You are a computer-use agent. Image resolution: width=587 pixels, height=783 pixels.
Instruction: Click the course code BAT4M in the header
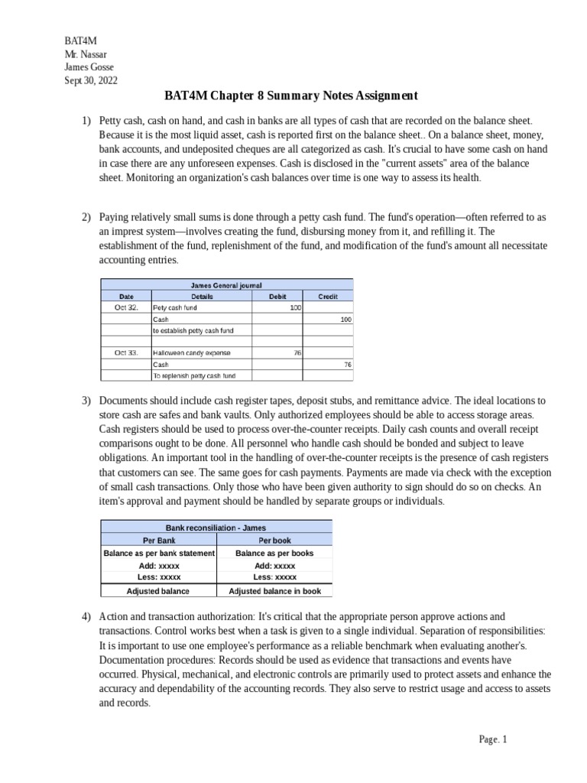(80, 41)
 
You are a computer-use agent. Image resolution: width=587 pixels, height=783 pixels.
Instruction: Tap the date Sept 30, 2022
(91, 80)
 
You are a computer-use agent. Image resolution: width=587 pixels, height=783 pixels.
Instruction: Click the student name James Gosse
(89, 67)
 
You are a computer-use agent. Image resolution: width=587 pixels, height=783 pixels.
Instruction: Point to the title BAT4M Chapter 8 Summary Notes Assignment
(291, 96)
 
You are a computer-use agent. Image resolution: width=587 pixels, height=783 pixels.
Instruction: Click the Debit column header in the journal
(277, 296)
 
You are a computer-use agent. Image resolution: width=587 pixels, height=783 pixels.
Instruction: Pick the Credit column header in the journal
(328, 296)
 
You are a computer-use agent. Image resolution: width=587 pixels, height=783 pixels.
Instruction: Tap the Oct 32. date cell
(126, 307)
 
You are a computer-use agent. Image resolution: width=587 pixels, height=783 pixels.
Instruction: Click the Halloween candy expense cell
(192, 353)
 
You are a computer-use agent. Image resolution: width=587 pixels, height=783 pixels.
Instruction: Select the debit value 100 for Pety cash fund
(295, 307)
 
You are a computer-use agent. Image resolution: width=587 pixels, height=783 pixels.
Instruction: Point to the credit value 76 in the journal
(347, 365)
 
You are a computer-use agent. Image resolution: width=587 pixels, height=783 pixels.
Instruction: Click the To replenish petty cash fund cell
(194, 376)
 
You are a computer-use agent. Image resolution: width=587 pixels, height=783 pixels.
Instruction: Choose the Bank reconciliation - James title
(216, 528)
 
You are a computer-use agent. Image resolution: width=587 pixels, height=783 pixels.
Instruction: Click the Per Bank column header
(159, 540)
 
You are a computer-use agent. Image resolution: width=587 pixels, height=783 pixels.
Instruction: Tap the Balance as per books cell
(274, 553)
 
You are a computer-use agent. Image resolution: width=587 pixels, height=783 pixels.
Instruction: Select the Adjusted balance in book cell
(274, 591)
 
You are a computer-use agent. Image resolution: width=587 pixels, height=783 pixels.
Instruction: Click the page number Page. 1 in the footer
(492, 739)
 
